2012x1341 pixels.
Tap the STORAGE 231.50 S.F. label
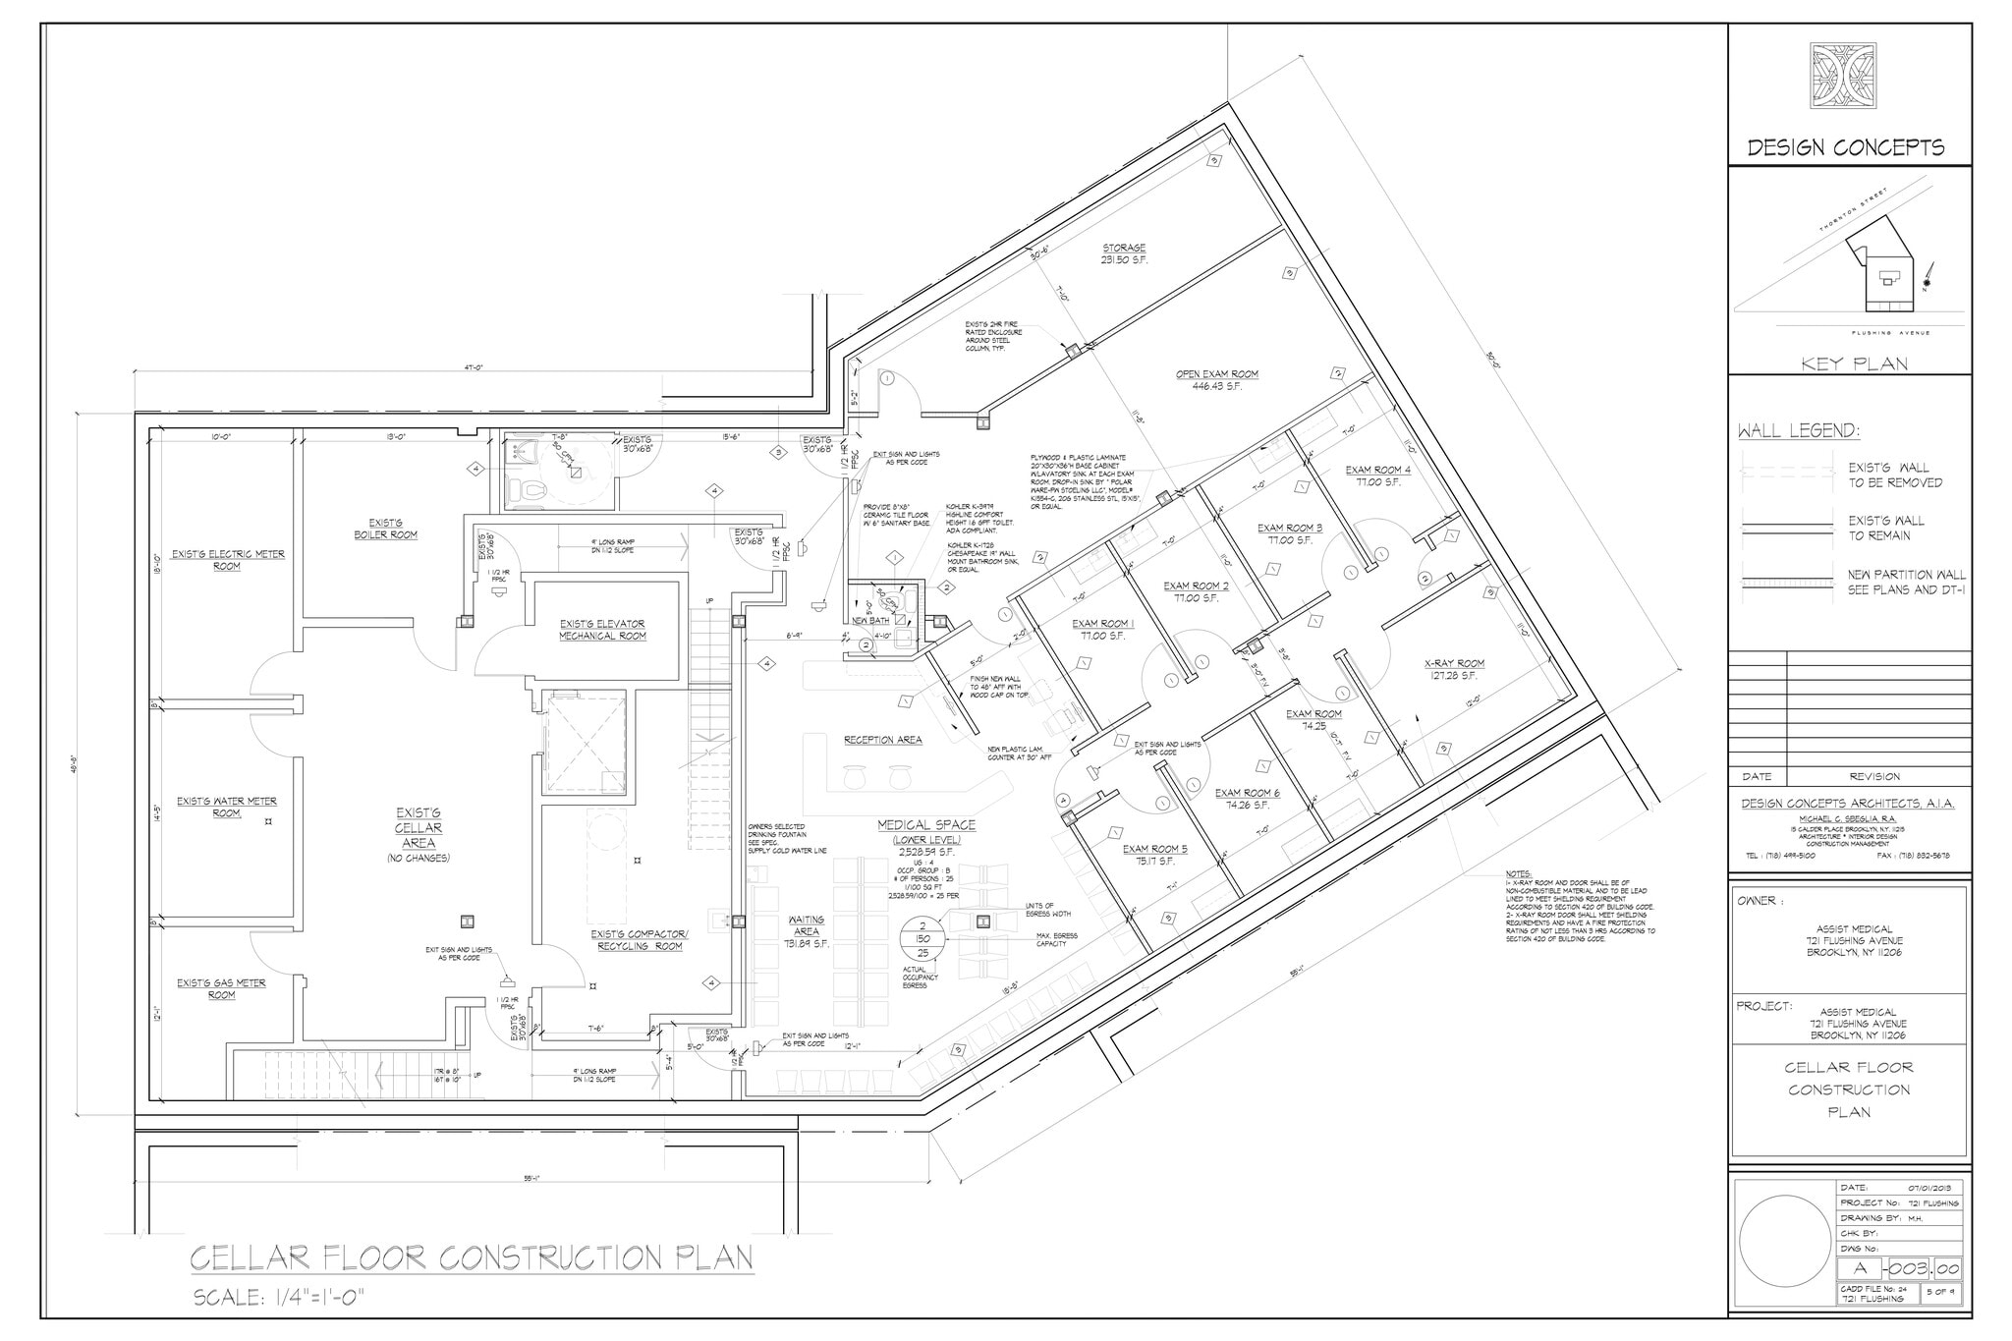click(1123, 253)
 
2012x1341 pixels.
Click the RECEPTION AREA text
click(882, 740)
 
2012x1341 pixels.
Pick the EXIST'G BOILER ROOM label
click(385, 529)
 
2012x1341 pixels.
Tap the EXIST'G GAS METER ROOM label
click(221, 988)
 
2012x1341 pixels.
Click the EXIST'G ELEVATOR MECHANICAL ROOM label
click(602, 630)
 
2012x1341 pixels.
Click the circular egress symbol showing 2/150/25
click(922, 939)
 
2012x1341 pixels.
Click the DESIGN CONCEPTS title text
click(1845, 148)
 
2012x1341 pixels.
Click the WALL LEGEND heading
click(1798, 431)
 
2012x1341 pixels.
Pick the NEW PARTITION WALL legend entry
click(1906, 582)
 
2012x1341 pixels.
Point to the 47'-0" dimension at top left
click(474, 367)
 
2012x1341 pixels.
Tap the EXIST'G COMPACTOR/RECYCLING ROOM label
click(639, 940)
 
